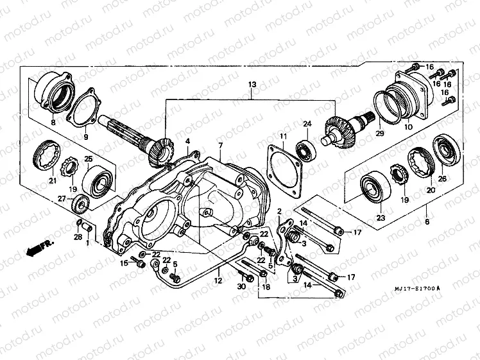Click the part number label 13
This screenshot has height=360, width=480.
(x=252, y=85)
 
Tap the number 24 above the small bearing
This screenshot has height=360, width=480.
(x=307, y=124)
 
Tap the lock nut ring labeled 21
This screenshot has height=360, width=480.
(x=47, y=156)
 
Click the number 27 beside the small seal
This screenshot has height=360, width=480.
(x=62, y=200)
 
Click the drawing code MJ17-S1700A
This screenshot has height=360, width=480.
(x=418, y=289)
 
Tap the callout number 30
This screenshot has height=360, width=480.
(x=241, y=287)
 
